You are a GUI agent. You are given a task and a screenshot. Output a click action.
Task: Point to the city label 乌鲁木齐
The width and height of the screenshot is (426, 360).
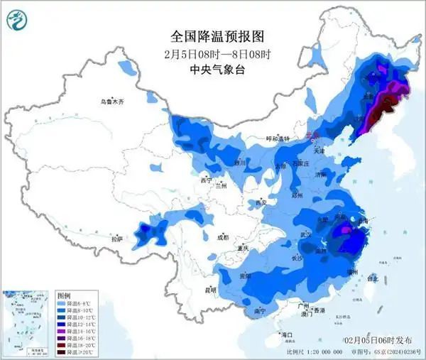click(111, 102)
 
